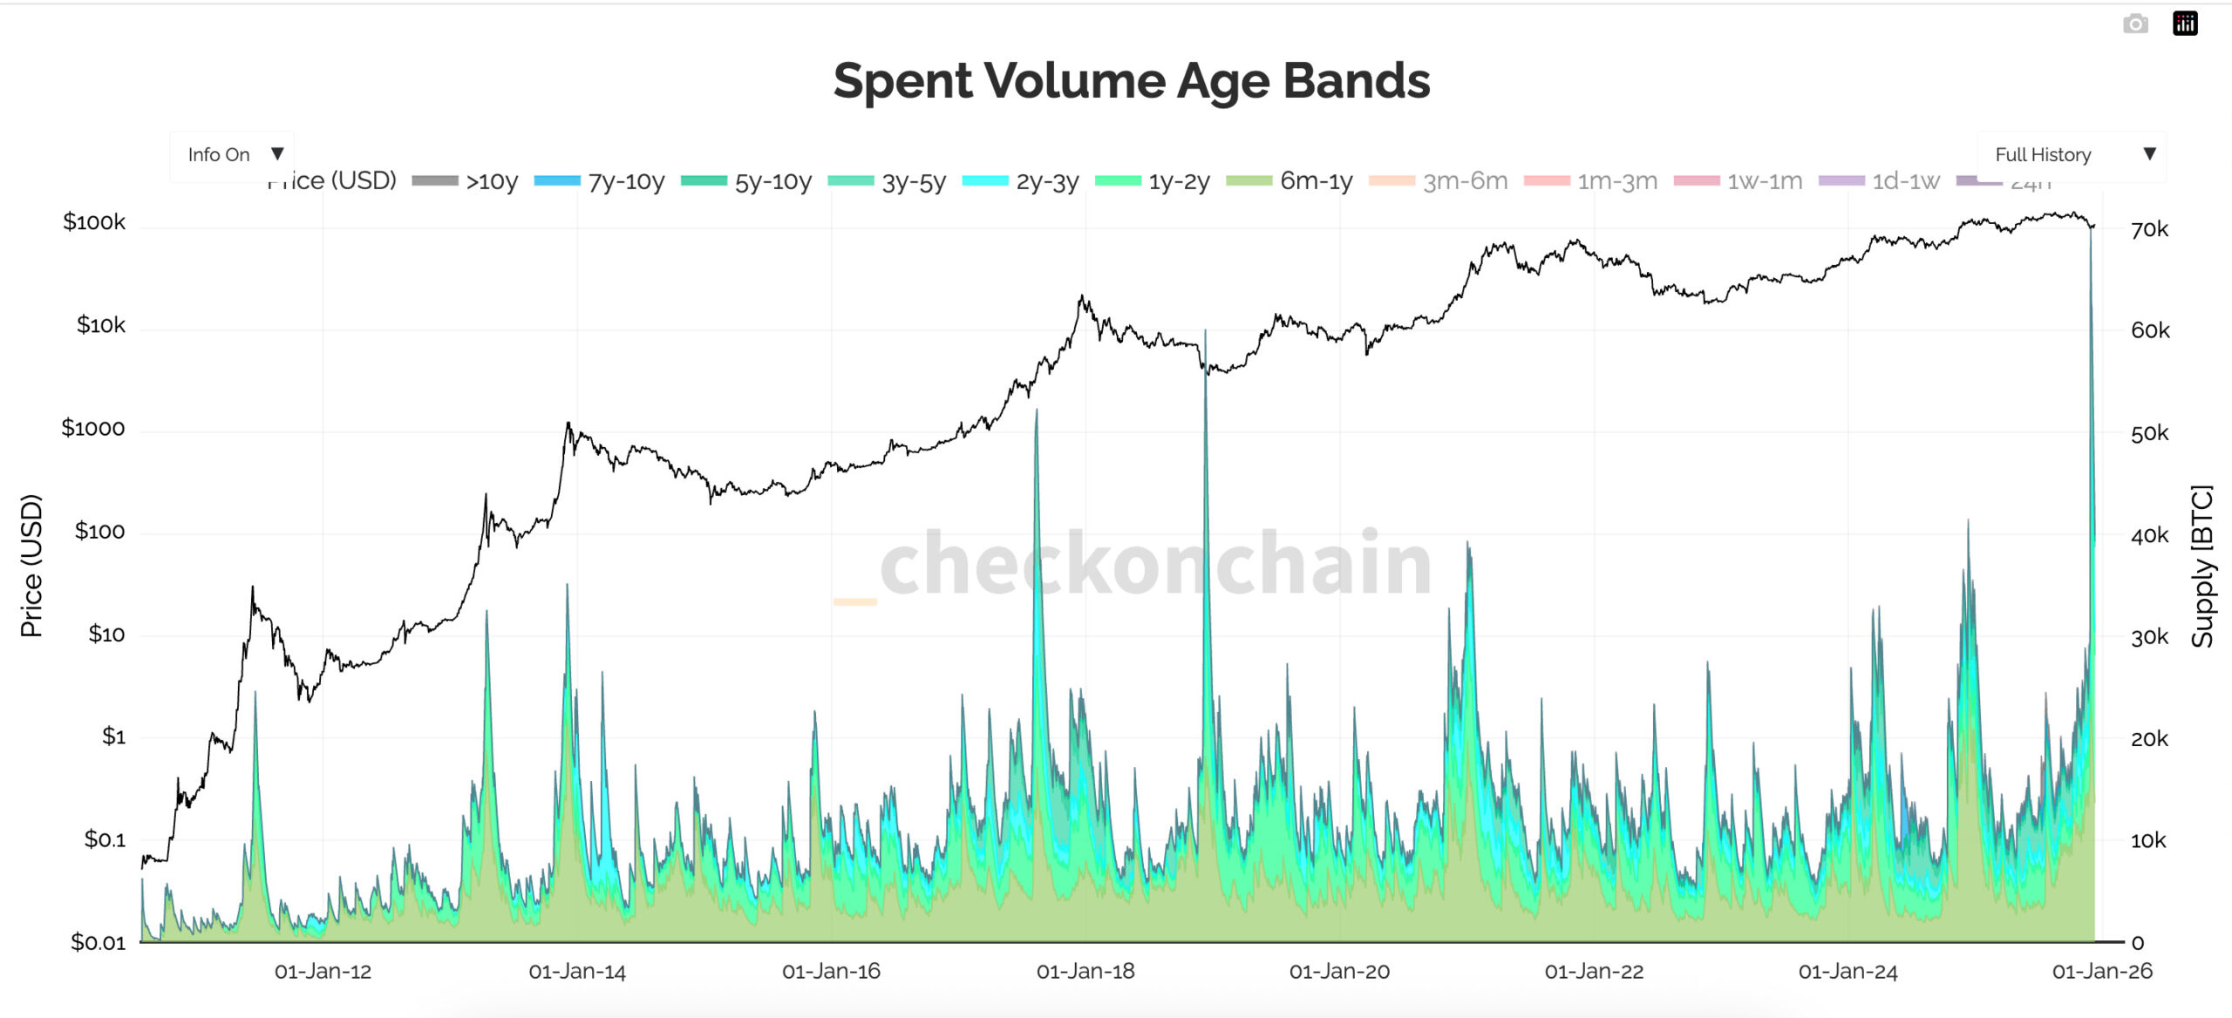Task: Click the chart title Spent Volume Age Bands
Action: pyautogui.click(x=1131, y=81)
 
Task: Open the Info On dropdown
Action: pyautogui.click(x=232, y=155)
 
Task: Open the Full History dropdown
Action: pyautogui.click(x=2071, y=155)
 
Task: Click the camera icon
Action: pyautogui.click(x=2134, y=24)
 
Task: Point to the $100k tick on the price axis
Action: pyautogui.click(x=94, y=222)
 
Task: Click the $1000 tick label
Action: pyautogui.click(x=92, y=429)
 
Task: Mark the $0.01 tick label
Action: pyautogui.click(x=98, y=942)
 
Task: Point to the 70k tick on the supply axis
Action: pyautogui.click(x=2149, y=230)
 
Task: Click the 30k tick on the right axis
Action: pyautogui.click(x=2149, y=638)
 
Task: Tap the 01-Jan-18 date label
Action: pyautogui.click(x=1085, y=972)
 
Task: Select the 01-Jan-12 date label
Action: pyautogui.click(x=323, y=972)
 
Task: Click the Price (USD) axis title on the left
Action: pyautogui.click(x=31, y=566)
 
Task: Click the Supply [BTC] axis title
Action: pyautogui.click(x=2202, y=566)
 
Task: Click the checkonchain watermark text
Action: pyautogui.click(x=1155, y=564)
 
